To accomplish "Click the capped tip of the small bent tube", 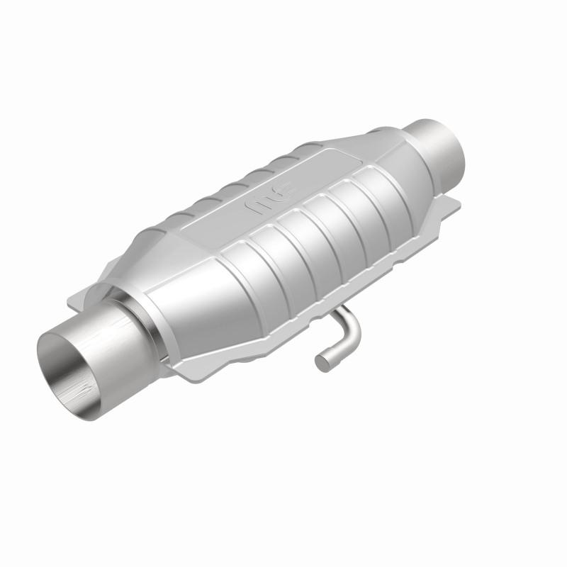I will click(x=322, y=361).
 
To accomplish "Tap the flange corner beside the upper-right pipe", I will click(x=454, y=206).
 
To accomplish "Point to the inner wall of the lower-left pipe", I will click(x=67, y=361).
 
